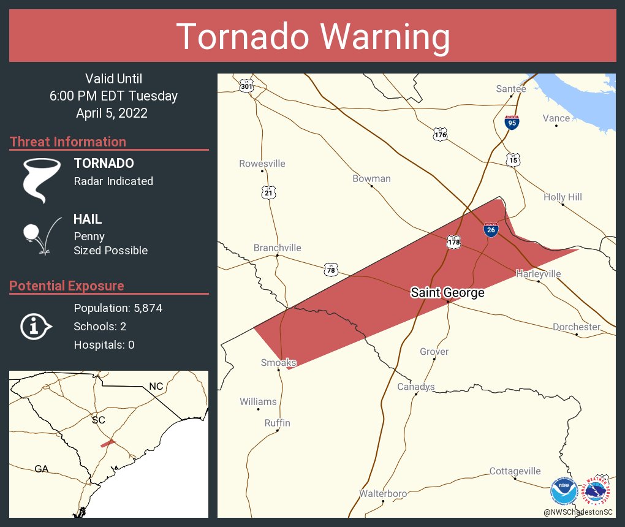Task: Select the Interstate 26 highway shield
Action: (x=490, y=230)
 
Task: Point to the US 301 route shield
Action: (x=246, y=85)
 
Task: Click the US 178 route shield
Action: (x=453, y=242)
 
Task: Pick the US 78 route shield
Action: (x=331, y=269)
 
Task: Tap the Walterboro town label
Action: (x=383, y=493)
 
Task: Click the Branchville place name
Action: (x=278, y=248)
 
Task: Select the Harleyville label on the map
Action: (x=538, y=274)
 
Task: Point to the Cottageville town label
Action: (x=515, y=471)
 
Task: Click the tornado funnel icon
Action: (x=41, y=180)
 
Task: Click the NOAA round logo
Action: (x=563, y=491)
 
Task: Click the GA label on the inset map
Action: (x=41, y=469)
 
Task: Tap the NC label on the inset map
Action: (x=156, y=387)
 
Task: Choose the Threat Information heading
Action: (x=68, y=142)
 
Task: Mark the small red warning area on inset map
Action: (x=108, y=442)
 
